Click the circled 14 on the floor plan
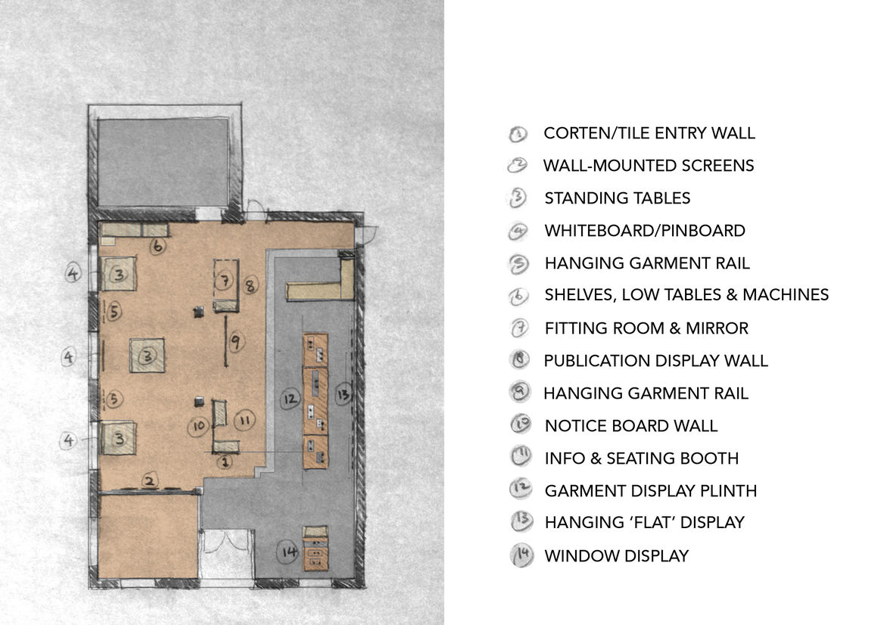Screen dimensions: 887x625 288,552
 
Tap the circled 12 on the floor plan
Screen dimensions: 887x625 290,400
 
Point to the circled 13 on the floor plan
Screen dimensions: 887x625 343,394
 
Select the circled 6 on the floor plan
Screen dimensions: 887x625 158,246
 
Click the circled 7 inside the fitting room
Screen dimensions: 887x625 224,280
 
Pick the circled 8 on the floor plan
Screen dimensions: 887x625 250,285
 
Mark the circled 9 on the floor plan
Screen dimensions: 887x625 236,341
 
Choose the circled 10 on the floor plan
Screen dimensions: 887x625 198,426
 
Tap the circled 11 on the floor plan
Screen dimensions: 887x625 244,420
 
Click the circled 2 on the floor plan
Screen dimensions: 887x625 149,480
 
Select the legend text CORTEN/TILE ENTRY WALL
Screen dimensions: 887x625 649,133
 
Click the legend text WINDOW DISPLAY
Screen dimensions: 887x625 617,556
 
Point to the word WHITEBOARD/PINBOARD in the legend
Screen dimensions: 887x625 645,231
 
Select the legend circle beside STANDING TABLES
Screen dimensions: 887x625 517,198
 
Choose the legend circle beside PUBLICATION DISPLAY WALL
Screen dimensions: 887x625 519,360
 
